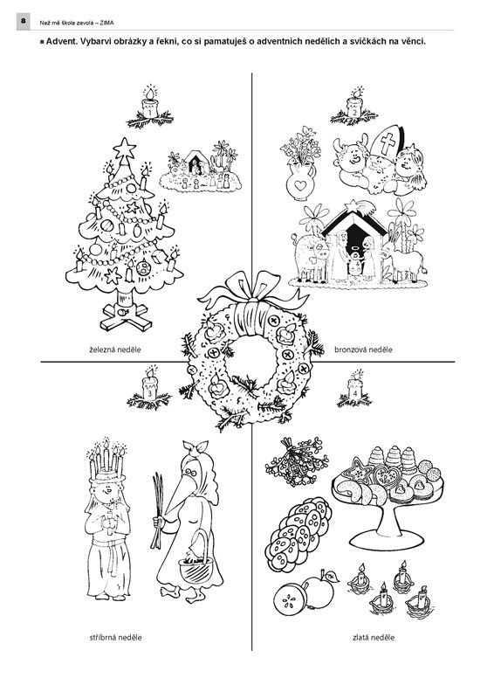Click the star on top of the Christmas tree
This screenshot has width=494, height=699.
coord(124,149)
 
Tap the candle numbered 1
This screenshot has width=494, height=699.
coord(149,106)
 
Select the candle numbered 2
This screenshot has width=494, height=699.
coord(354,105)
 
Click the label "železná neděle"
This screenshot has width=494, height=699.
coord(115,350)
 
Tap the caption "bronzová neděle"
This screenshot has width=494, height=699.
coord(363,350)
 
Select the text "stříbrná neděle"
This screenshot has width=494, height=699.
coord(116,638)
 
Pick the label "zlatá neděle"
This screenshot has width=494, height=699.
coord(374,638)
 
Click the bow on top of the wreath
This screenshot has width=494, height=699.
coord(253,291)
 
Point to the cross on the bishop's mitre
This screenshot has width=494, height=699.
coord(388,143)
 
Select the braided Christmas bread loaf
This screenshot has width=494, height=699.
coord(298,535)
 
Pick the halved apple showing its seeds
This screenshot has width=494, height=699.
coord(289,597)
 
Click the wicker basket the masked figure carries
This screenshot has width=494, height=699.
coord(196,564)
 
